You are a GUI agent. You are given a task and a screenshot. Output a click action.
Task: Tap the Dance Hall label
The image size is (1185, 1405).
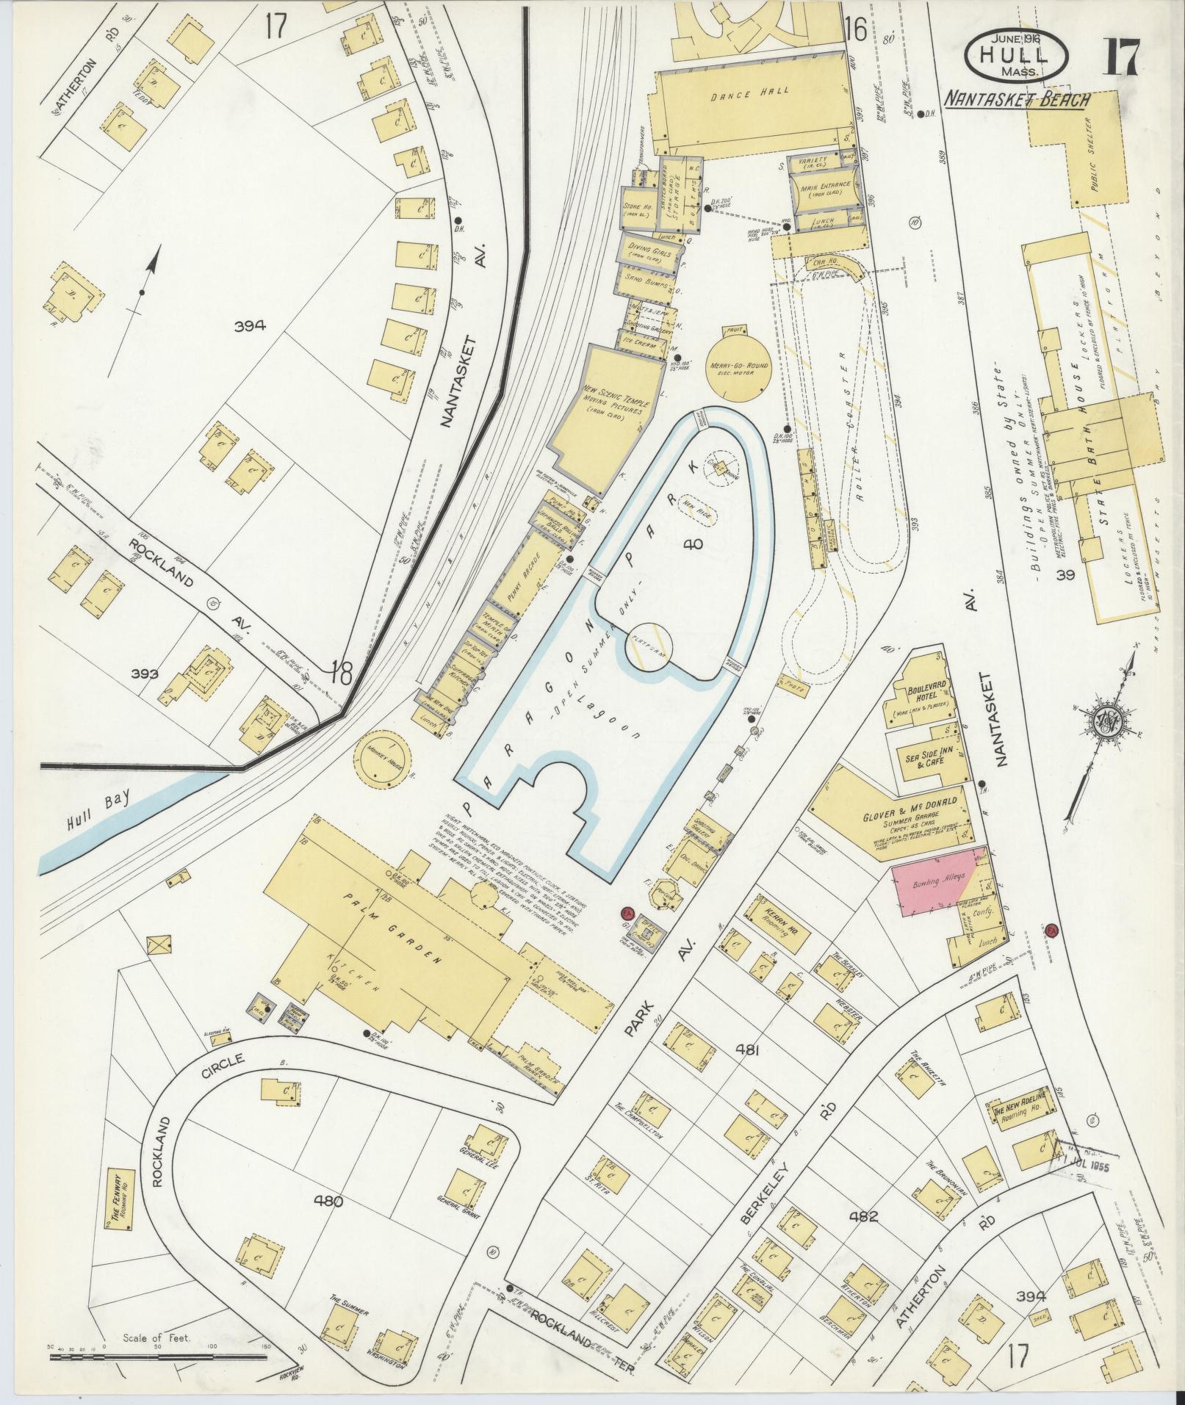click(x=749, y=91)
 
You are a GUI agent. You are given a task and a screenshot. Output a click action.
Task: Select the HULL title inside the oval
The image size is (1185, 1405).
click(x=1017, y=54)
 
